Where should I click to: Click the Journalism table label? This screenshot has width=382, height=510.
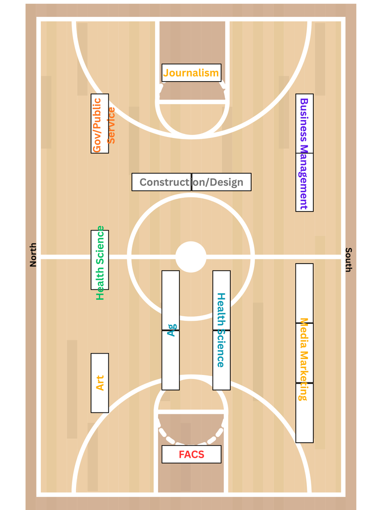(x=191, y=73)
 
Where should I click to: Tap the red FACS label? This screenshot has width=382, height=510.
(x=191, y=454)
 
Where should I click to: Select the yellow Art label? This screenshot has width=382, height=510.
(x=99, y=383)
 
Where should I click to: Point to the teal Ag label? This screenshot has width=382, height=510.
(x=171, y=330)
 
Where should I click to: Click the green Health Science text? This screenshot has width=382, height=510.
(x=100, y=263)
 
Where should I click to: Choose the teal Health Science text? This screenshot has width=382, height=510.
(x=221, y=330)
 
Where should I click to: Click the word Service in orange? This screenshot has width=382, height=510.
(x=111, y=125)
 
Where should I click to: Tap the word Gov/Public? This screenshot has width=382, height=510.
(x=97, y=125)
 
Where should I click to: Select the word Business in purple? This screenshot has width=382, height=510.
(x=304, y=120)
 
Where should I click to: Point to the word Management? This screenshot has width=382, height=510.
(x=303, y=176)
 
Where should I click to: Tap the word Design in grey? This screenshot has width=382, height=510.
(x=226, y=182)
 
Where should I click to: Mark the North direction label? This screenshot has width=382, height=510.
(x=33, y=255)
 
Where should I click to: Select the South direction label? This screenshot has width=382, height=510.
(x=349, y=259)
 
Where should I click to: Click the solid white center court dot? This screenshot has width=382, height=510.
(x=191, y=257)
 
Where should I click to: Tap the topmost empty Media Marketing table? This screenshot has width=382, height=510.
(x=304, y=293)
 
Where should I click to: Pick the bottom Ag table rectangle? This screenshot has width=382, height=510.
(x=171, y=360)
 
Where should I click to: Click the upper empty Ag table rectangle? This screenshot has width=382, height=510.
(x=171, y=300)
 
